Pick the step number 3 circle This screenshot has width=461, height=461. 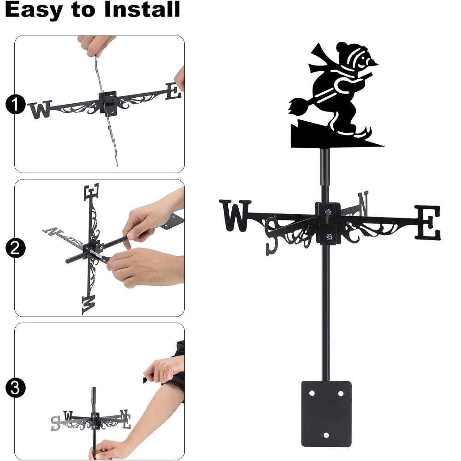[x=15, y=387]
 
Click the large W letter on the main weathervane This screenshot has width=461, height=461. [x=235, y=215]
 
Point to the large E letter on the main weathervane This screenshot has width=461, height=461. [x=428, y=223]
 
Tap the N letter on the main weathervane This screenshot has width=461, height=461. [x=363, y=203]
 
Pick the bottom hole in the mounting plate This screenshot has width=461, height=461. [x=326, y=435]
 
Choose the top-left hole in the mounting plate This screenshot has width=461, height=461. [x=312, y=394]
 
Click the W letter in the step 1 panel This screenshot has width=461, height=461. [x=40, y=110]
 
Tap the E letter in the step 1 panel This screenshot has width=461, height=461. [x=173, y=91]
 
